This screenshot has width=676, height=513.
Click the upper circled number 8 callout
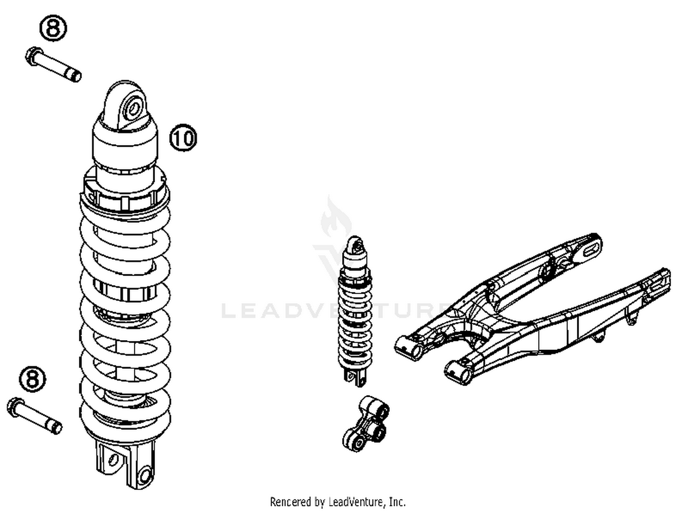coord(53,28)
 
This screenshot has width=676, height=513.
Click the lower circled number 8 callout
coord(32,379)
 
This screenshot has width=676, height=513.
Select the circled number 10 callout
coord(183,137)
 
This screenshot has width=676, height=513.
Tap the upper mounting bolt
coord(53,64)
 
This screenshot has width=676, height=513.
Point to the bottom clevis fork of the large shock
coord(126,464)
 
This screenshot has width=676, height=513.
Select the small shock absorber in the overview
coord(356,311)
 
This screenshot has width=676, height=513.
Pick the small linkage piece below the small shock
coord(365,423)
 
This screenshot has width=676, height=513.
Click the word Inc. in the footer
coord(397,502)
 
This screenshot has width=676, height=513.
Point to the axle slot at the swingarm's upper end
coord(591,249)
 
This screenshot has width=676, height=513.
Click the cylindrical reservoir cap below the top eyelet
coord(125,137)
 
